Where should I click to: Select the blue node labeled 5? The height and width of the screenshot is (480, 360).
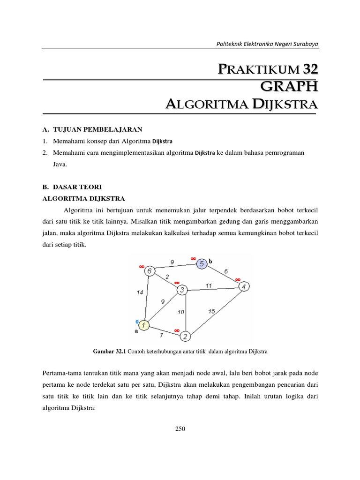202,264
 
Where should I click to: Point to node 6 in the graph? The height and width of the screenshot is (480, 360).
149,271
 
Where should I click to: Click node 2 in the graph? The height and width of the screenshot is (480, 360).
185,336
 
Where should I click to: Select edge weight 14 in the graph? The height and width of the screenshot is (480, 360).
140,292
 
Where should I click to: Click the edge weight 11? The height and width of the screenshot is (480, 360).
209,285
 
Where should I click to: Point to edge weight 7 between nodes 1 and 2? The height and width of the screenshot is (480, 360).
162,335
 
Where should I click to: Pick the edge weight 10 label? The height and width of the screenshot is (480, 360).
181,312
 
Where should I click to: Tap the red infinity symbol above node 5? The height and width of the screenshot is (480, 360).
193,258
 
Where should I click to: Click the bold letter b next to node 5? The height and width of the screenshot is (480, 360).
210,261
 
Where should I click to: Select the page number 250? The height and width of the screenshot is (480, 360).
180,428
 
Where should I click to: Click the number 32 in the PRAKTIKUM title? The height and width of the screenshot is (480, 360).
310,69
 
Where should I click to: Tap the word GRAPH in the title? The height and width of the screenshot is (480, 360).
289,86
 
